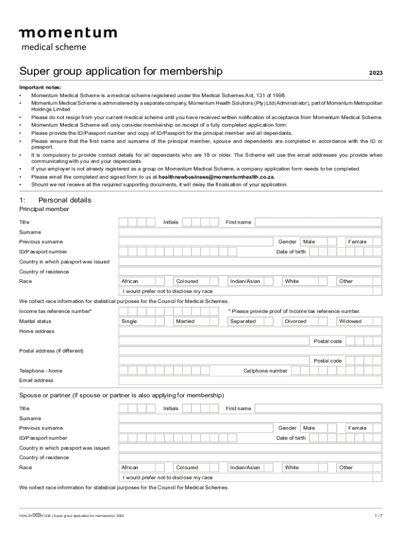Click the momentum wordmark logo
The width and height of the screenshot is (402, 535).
coord(68,33)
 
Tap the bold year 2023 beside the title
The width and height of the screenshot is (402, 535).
coord(375,73)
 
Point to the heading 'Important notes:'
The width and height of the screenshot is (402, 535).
coord(40,87)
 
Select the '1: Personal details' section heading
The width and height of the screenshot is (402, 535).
coord(55,200)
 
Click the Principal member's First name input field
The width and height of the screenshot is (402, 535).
coord(318,222)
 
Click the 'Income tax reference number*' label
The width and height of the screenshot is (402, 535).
coord(55,311)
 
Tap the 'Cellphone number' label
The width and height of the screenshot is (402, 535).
coord(265,371)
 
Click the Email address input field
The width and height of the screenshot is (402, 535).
coord(250,380)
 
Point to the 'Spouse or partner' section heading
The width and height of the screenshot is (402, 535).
coord(122,395)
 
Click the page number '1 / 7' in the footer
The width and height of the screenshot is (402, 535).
coord(379,516)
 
